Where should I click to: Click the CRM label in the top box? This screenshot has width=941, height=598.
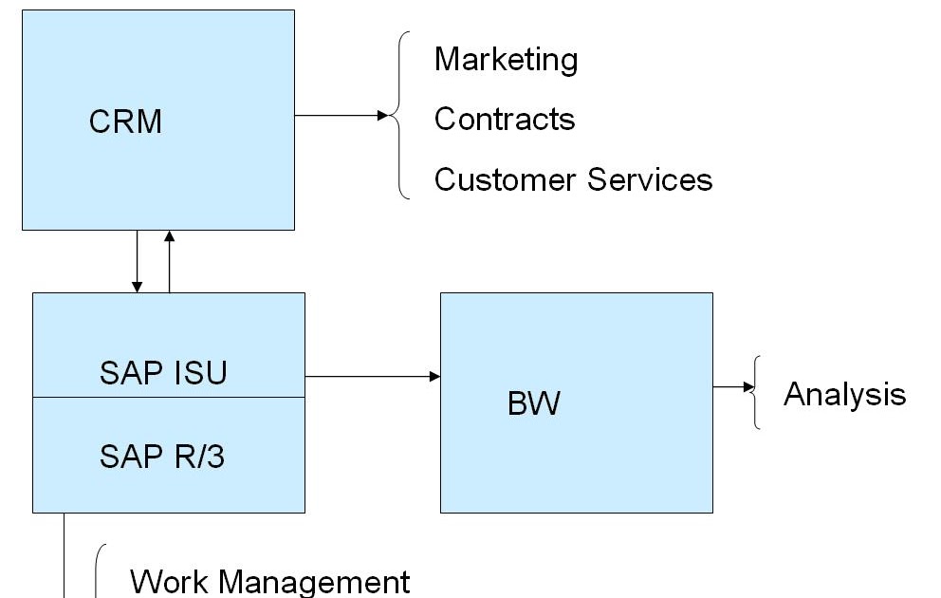(125, 121)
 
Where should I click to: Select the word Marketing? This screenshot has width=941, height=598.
(506, 60)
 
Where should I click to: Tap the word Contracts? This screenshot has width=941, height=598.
(505, 120)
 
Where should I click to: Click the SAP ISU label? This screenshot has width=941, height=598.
(163, 373)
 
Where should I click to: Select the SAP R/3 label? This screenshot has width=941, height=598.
(162, 457)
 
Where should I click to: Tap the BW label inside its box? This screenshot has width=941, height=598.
(534, 404)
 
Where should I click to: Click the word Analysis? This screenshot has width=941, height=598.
(844, 394)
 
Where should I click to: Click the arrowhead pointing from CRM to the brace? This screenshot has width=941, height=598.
(383, 116)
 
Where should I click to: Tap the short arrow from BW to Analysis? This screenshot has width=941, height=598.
(734, 387)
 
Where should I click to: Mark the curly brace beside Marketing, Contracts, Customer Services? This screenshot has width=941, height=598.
(402, 116)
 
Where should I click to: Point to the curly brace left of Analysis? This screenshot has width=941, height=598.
(756, 392)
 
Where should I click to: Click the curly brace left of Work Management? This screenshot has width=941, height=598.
(98, 571)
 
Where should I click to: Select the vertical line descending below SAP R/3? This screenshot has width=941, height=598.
(64, 555)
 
